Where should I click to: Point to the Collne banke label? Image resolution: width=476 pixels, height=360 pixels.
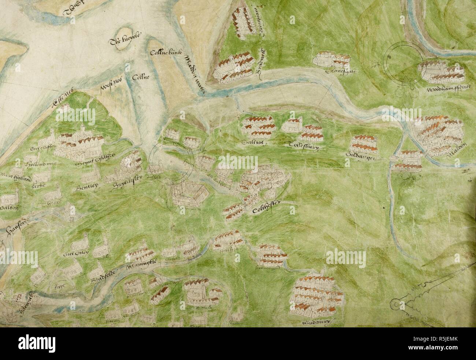163,53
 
